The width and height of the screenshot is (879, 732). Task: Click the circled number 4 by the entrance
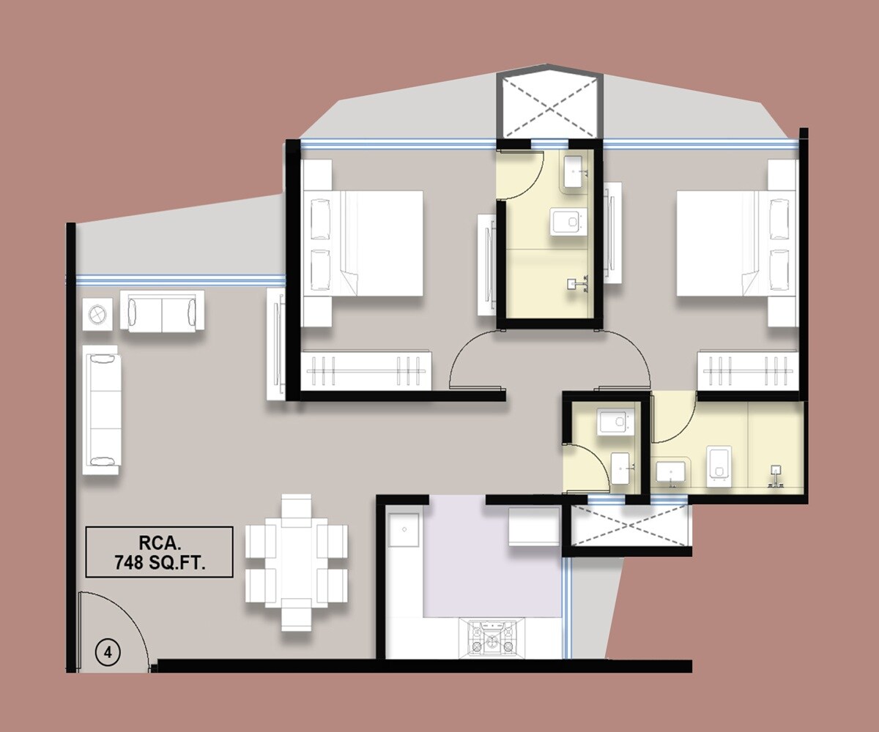[108, 652]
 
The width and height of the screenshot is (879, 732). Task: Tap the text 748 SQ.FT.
[159, 563]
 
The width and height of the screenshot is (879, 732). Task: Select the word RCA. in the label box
[159, 543]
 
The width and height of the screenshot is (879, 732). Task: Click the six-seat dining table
[296, 562]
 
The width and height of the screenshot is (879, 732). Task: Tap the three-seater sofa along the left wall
[101, 410]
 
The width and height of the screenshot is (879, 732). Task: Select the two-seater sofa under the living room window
[162, 313]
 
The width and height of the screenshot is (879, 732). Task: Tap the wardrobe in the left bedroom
[366, 370]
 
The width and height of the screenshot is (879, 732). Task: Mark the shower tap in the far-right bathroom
[775, 476]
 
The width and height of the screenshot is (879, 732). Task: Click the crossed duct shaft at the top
[549, 106]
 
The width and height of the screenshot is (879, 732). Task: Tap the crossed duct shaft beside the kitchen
[630, 525]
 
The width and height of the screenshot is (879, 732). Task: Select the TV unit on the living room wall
[276, 344]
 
